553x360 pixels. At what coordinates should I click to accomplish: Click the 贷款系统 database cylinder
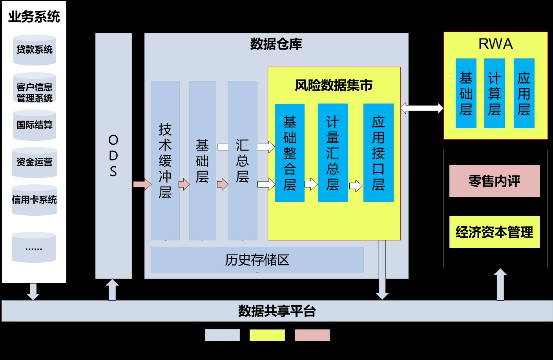(x=35, y=50)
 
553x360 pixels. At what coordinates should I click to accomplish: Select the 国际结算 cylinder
(x=35, y=125)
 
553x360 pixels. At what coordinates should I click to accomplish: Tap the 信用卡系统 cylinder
(x=35, y=200)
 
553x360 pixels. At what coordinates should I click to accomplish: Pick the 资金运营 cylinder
(x=35, y=162)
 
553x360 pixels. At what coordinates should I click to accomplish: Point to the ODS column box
(x=113, y=156)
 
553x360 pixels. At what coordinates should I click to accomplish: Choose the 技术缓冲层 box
(x=165, y=160)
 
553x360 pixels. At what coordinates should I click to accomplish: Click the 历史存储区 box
(x=257, y=260)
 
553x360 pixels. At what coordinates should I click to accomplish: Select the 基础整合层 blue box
(x=290, y=153)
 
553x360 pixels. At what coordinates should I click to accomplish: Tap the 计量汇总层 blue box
(x=333, y=153)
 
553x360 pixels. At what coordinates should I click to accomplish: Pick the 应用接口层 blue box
(x=378, y=153)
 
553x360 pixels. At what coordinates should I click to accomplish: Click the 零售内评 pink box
(x=495, y=181)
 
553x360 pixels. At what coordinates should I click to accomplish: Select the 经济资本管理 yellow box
(x=495, y=232)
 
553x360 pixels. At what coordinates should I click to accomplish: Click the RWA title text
(x=495, y=44)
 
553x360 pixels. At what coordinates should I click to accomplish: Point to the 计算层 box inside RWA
(x=495, y=93)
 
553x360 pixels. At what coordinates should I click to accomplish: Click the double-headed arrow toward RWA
(x=422, y=108)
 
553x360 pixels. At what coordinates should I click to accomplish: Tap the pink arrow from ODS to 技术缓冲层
(x=142, y=184)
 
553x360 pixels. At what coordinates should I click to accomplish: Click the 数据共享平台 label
(x=277, y=311)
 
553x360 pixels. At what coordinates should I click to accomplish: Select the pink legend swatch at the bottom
(x=312, y=335)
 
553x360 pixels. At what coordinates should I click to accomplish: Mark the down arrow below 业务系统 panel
(x=33, y=291)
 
